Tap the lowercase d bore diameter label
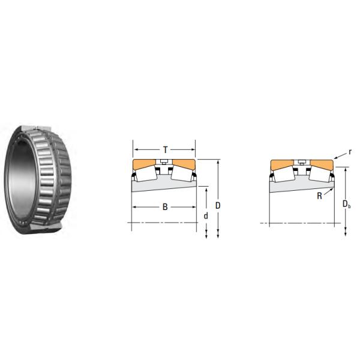click(206, 215)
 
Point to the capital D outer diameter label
click(218, 205)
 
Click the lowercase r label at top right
click(349, 152)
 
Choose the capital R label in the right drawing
click(320, 196)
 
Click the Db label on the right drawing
click(346, 205)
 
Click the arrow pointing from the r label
click(340, 157)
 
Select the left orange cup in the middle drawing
click(145, 164)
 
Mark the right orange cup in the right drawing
click(320, 164)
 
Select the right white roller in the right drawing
click(317, 175)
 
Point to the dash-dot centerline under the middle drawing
click(164, 224)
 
